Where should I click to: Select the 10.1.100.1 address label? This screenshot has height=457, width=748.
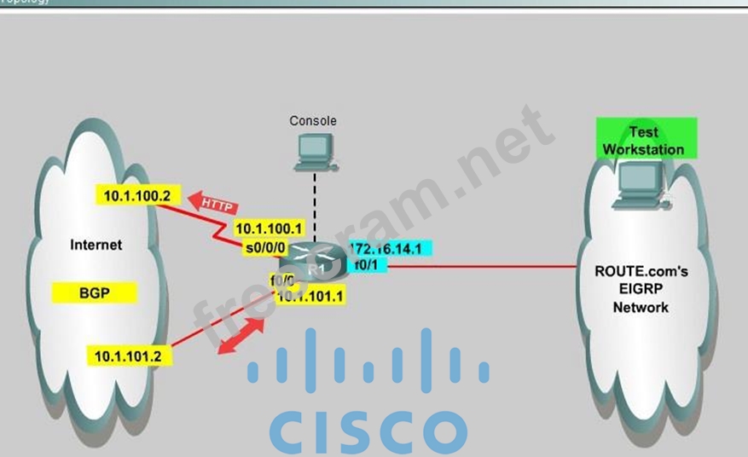click(x=269, y=228)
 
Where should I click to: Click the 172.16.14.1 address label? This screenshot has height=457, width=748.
click(x=391, y=248)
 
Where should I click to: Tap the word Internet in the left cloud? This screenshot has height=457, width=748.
click(x=96, y=246)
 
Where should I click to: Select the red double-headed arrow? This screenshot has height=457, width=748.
click(x=241, y=335)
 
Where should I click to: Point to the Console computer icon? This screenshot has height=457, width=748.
click(x=313, y=150)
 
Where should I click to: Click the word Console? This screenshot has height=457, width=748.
click(x=313, y=121)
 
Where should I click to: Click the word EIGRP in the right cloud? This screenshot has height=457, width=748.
click(x=641, y=289)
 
